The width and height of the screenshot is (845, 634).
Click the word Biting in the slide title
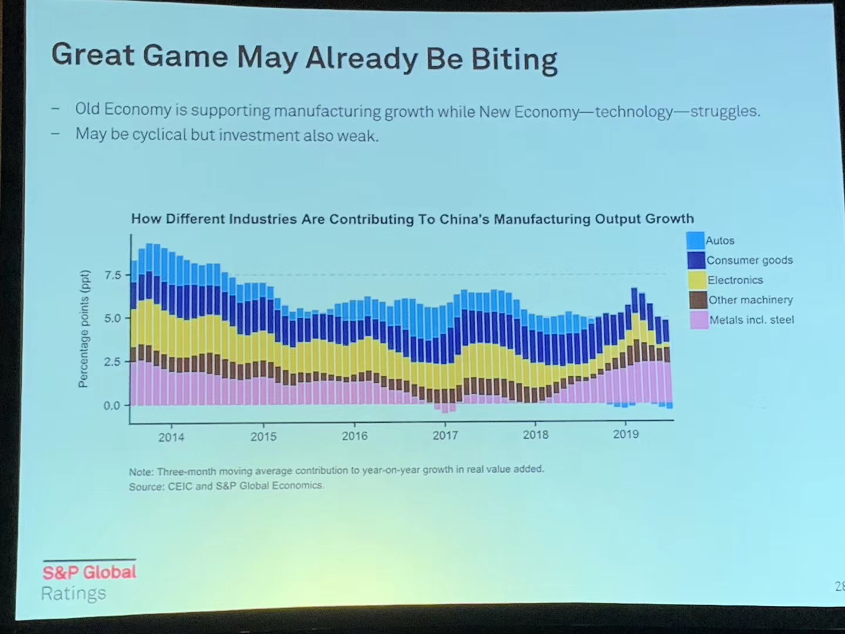[x=514, y=59]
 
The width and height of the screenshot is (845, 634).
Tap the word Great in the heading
[x=93, y=55]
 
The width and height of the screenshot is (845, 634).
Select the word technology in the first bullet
[x=634, y=112]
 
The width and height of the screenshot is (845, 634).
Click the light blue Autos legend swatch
[x=695, y=240]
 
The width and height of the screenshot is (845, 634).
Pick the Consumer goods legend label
[x=749, y=260]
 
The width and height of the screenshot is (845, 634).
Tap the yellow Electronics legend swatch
[x=697, y=280]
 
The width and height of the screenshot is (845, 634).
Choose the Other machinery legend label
[x=751, y=300]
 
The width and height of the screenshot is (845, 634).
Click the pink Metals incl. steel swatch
[x=698, y=320]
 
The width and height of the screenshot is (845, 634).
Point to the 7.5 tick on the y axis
[x=112, y=275]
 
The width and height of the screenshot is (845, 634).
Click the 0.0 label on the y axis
[x=111, y=406]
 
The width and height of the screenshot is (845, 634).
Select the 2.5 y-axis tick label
[x=111, y=362]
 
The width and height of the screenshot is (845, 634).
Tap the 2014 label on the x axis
[x=171, y=437]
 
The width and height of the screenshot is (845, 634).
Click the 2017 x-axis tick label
[x=445, y=436]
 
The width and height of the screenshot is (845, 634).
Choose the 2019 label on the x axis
[x=626, y=434]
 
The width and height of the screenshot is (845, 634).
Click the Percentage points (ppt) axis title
[x=84, y=329]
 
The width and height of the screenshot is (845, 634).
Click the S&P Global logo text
[x=89, y=572]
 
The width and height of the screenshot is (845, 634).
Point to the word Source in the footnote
[x=146, y=487]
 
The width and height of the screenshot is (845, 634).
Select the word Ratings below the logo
[x=74, y=593]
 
